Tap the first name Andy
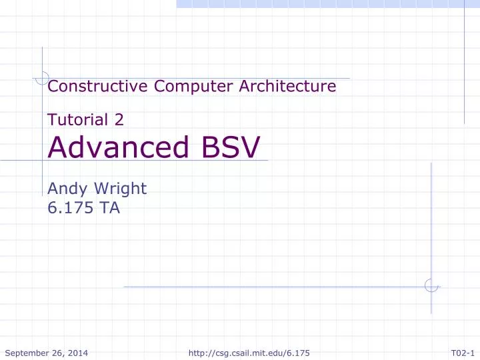click(67, 189)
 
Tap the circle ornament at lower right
click(431, 286)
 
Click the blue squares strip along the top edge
click(327, 3)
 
